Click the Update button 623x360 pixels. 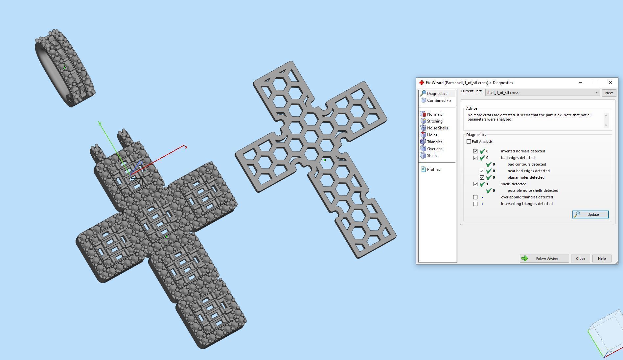click(x=590, y=214)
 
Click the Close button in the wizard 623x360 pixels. click(x=580, y=259)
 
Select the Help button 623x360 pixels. click(x=602, y=259)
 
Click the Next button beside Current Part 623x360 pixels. click(x=609, y=93)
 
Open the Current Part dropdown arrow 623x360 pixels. click(x=597, y=93)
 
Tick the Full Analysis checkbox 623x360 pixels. click(x=469, y=142)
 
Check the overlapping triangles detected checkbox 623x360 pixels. click(x=475, y=197)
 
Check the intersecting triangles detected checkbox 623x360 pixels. click(x=475, y=204)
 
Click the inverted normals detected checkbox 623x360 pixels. click(x=475, y=151)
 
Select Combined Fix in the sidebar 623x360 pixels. click(x=439, y=101)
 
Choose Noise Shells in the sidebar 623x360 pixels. click(x=437, y=128)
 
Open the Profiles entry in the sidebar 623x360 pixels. click(x=433, y=169)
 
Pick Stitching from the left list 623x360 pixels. click(x=434, y=121)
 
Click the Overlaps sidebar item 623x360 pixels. click(x=434, y=149)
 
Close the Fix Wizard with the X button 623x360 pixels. click(x=610, y=83)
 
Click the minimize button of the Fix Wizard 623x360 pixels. click(x=581, y=83)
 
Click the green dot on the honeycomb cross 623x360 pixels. click(x=325, y=160)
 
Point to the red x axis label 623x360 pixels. click(x=186, y=147)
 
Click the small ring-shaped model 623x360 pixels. click(x=65, y=68)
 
